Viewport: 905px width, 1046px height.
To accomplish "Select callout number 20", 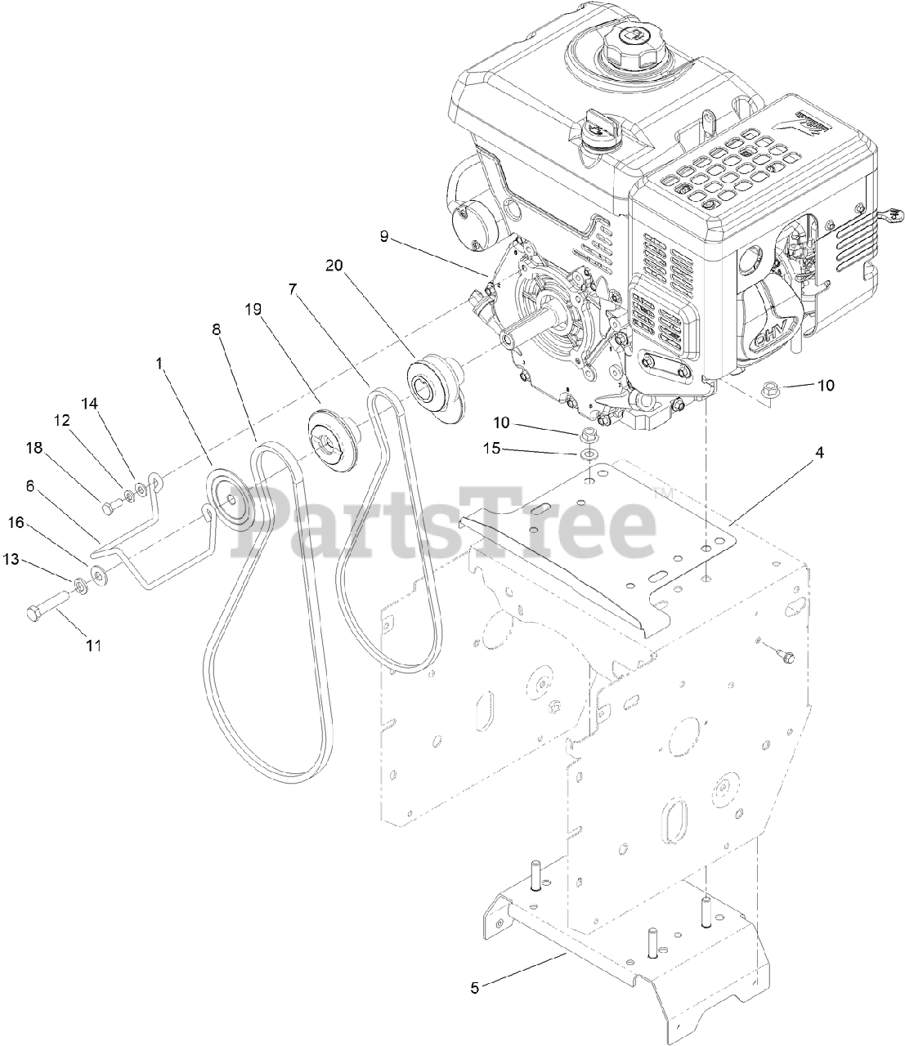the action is pos(334,266).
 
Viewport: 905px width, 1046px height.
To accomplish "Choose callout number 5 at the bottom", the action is pos(476,986).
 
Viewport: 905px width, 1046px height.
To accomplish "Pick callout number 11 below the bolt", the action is pos(93,646).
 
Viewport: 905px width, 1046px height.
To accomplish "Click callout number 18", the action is pos(34,448).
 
